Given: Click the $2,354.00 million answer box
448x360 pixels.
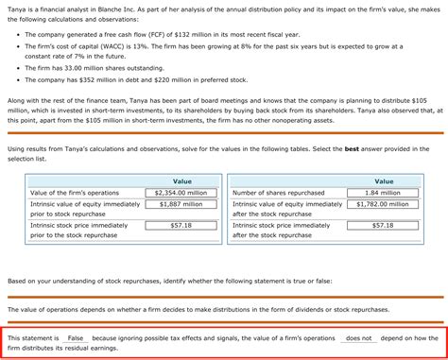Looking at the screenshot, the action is pyautogui.click(x=181, y=193).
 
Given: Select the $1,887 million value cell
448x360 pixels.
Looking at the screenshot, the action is pyautogui.click(x=181, y=204).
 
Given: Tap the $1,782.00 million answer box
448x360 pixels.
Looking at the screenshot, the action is pyautogui.click(x=384, y=204).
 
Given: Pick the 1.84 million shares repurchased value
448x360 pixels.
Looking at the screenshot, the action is pyautogui.click(x=384, y=193).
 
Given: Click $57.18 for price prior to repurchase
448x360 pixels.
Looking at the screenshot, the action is pyautogui.click(x=181, y=226).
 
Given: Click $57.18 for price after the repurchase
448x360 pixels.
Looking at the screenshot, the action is pyautogui.click(x=384, y=226).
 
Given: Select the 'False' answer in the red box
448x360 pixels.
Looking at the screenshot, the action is pyautogui.click(x=76, y=338).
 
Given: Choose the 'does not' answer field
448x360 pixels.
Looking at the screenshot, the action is pyautogui.click(x=359, y=338).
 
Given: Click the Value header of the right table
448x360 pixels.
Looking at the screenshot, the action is pyautogui.click(x=384, y=180).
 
